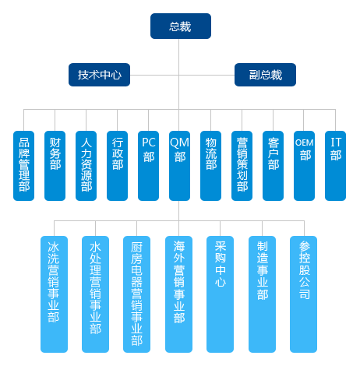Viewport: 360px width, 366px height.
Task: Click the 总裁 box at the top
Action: point(181,26)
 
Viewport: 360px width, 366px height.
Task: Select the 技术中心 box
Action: point(99,75)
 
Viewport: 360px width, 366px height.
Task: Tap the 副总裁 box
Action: point(265,75)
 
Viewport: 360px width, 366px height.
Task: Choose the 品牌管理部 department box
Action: point(23,166)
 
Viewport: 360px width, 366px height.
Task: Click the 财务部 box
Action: point(55,166)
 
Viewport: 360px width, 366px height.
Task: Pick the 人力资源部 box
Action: point(86,166)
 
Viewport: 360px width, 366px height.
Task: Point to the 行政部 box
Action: point(117,166)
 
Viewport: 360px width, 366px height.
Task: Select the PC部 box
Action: point(148,166)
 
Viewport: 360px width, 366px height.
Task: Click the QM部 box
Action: point(179,166)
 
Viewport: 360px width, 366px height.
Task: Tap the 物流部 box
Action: point(210,166)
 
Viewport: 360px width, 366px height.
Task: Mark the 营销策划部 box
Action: point(242,166)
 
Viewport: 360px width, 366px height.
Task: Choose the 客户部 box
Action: point(273,166)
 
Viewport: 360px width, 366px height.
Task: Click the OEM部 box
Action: point(304,166)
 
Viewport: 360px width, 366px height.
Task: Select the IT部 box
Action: point(335,166)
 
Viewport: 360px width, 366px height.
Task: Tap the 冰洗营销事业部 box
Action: point(54,294)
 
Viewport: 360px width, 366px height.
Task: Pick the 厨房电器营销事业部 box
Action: point(136,294)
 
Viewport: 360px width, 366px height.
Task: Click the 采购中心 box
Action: point(220,294)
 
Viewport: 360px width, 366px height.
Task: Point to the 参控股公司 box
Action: point(303,294)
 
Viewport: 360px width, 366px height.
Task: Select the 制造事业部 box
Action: point(262,294)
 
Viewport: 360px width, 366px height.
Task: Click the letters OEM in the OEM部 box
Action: point(304,143)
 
